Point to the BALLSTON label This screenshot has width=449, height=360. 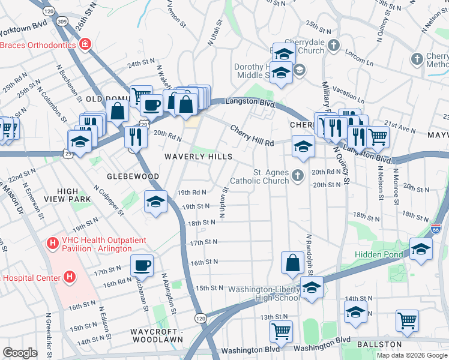(378, 344)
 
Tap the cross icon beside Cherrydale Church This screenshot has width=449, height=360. (336, 46)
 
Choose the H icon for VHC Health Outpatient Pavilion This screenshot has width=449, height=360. (53, 244)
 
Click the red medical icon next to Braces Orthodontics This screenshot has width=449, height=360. (85, 44)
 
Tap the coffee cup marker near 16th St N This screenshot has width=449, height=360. (142, 265)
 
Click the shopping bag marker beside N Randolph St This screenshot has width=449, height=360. (292, 262)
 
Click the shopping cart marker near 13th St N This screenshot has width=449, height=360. (281, 331)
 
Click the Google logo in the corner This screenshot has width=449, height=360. (20, 353)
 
